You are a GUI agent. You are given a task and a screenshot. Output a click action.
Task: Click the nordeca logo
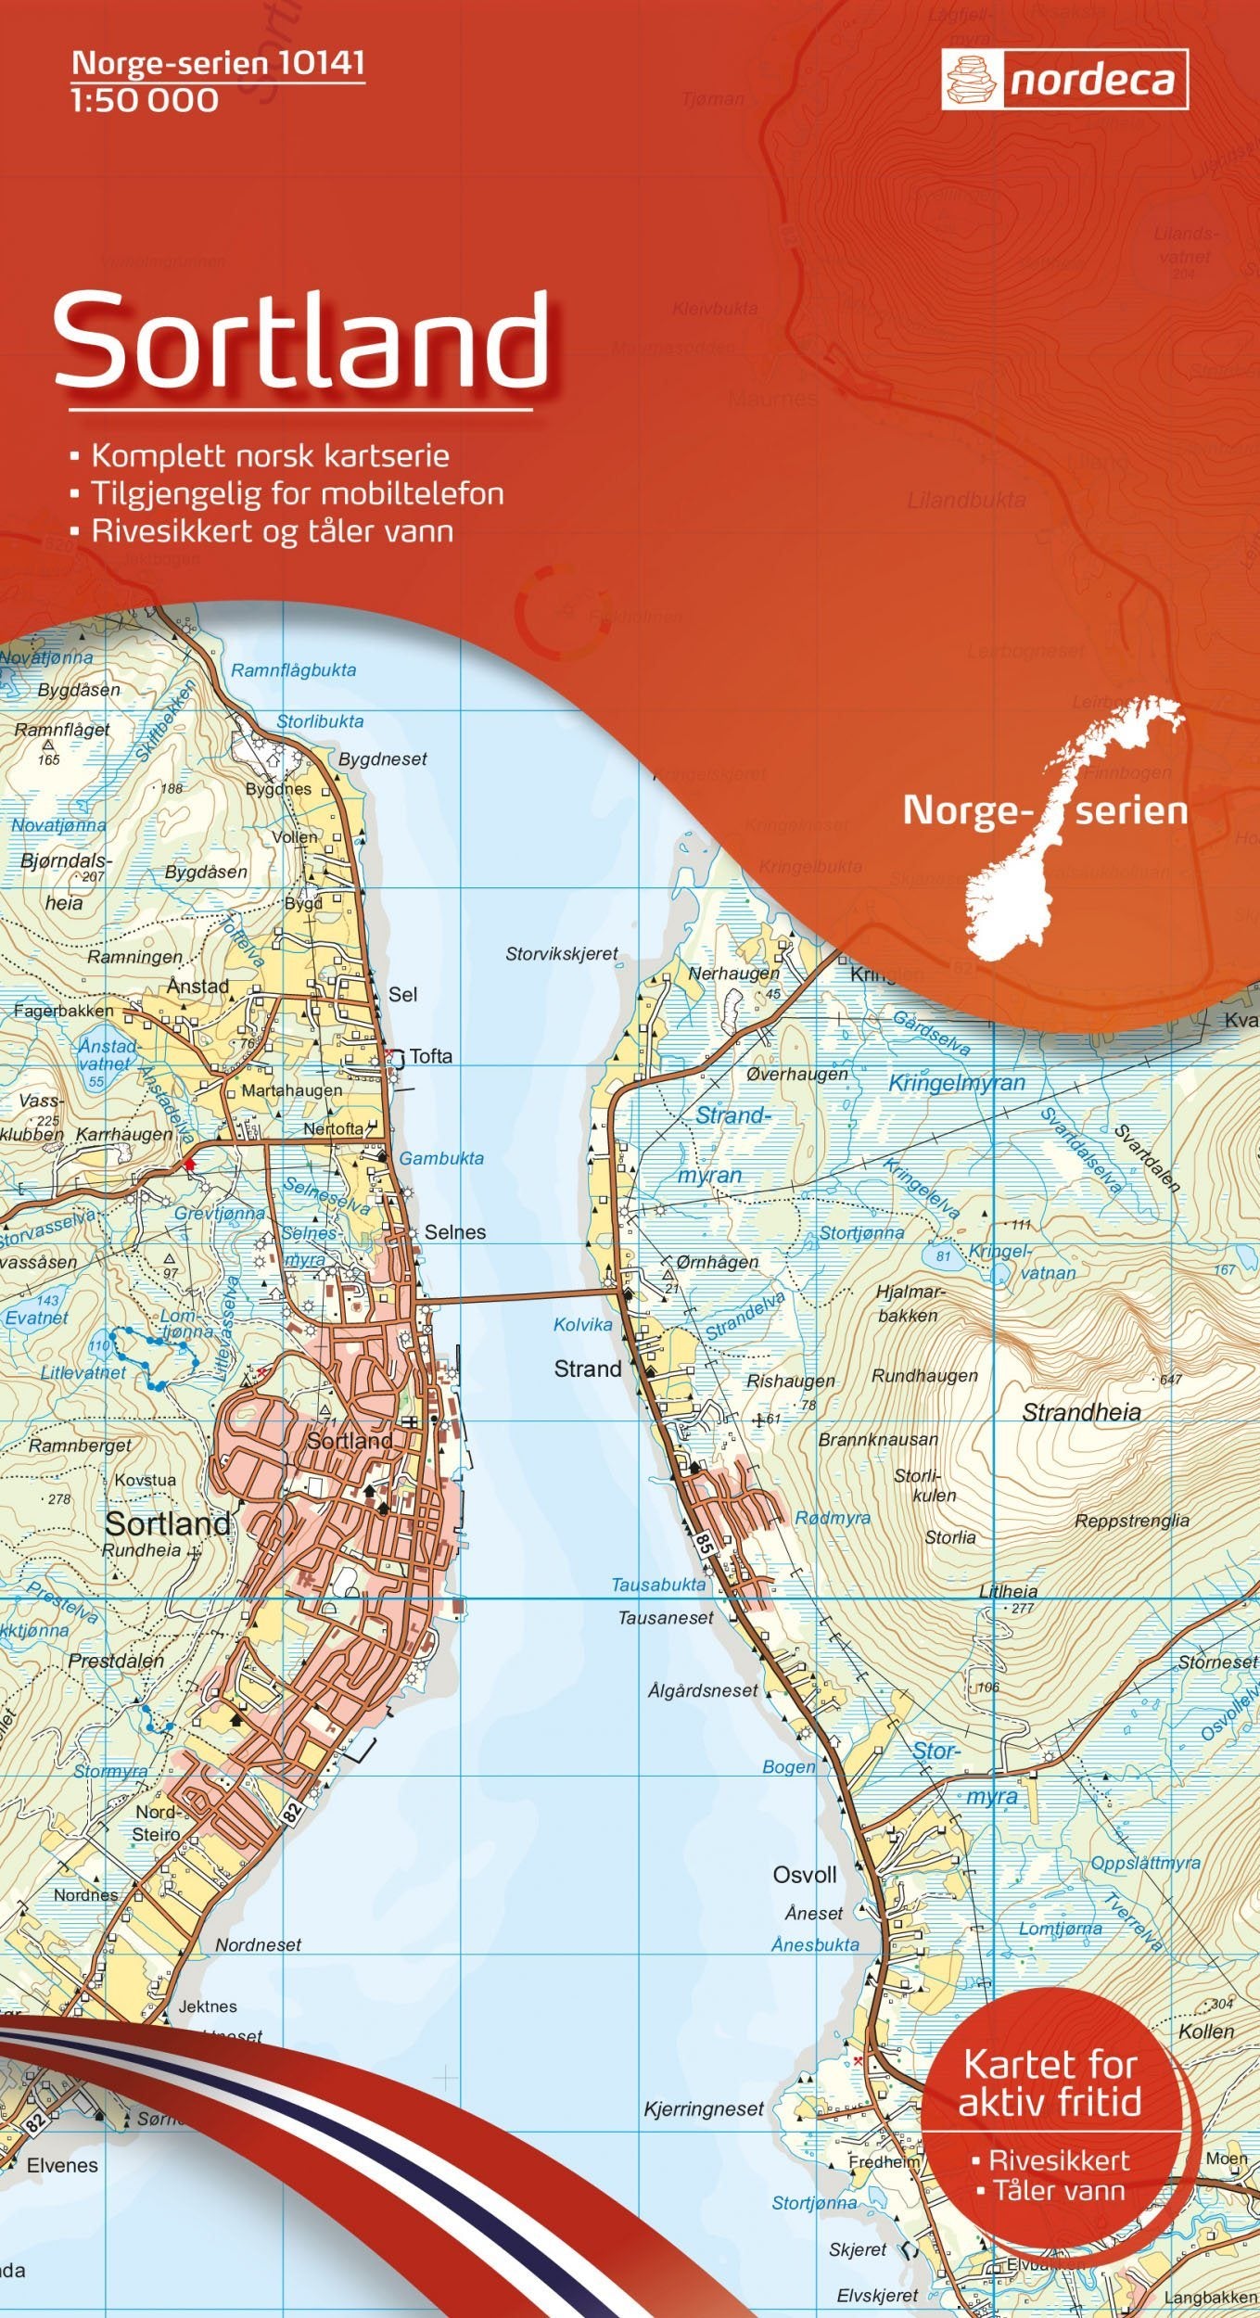tap(1064, 80)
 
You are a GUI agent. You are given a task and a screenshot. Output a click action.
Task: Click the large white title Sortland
tap(301, 341)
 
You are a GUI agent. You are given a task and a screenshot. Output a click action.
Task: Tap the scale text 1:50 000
tap(144, 100)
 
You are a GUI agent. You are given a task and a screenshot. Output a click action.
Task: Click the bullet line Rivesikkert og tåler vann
tap(272, 531)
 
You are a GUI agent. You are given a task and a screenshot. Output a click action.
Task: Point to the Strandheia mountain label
tap(1081, 1413)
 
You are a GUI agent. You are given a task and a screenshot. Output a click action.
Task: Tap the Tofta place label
tap(431, 1056)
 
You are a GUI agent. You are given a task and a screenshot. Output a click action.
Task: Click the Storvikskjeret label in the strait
tap(561, 953)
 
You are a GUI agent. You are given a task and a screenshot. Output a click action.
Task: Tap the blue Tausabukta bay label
tap(658, 1585)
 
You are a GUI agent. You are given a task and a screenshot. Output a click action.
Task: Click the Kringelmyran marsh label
tap(957, 1082)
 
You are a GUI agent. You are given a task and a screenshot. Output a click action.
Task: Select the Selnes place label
tap(455, 1232)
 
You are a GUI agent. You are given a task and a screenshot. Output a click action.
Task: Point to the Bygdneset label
tap(383, 759)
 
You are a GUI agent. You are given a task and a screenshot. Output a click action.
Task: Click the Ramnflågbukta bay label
tap(293, 670)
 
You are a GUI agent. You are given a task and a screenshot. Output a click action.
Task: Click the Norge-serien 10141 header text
tap(218, 63)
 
